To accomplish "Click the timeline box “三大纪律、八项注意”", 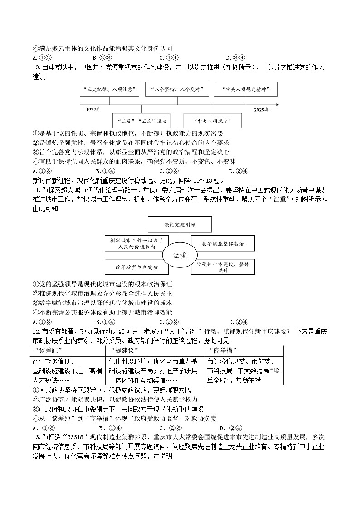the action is click(x=108, y=89).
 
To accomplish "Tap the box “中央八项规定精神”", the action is click(x=245, y=89).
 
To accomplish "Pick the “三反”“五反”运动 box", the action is click(x=142, y=121).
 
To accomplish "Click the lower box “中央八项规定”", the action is click(x=212, y=121).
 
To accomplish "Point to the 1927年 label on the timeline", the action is click(x=93, y=110).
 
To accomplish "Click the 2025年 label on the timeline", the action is click(x=261, y=110).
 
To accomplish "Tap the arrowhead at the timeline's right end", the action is click(x=277, y=105).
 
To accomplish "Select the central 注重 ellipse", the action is click(x=180, y=255).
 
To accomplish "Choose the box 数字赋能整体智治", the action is click(x=222, y=244).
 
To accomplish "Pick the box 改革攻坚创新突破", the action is click(x=136, y=267).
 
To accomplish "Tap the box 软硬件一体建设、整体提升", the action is click(x=222, y=267).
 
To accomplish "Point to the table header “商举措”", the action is click(x=220, y=351).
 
